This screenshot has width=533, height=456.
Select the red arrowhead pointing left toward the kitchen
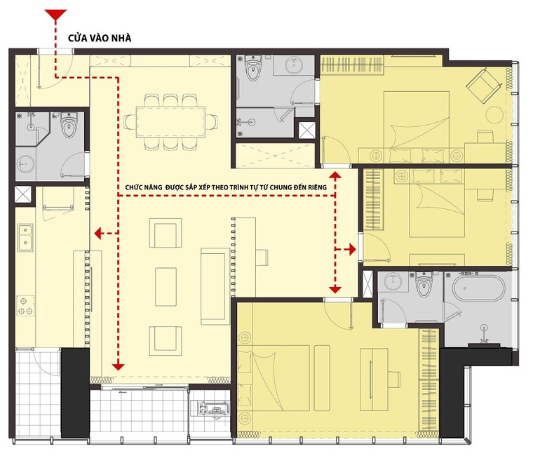[100, 234]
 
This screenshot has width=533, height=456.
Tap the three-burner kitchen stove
[25, 305]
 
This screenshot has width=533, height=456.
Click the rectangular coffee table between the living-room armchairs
[166, 281]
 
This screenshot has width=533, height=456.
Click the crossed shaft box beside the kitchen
[22, 194]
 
